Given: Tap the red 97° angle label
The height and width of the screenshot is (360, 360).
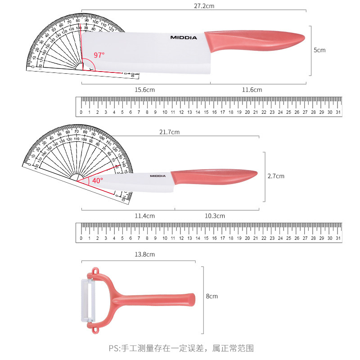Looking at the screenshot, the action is pyautogui.click(x=99, y=55).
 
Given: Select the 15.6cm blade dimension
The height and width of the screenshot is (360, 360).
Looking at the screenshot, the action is pyautogui.click(x=145, y=90).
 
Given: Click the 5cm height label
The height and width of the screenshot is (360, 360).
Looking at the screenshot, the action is pyautogui.click(x=319, y=50).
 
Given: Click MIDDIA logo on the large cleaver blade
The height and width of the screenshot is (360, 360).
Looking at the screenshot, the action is pyautogui.click(x=184, y=38).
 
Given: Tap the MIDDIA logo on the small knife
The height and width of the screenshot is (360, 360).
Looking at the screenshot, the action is pyautogui.click(x=158, y=176).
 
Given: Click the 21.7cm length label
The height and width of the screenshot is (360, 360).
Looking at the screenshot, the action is pyautogui.click(x=169, y=132).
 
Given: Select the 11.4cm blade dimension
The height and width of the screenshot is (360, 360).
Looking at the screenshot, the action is pyautogui.click(x=145, y=216).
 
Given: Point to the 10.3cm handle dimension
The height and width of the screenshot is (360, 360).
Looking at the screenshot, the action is pyautogui.click(x=215, y=216).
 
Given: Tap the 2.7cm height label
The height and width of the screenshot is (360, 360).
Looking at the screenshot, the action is pyautogui.click(x=276, y=176).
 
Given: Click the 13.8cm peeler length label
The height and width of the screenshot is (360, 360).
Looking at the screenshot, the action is pyautogui.click(x=145, y=255).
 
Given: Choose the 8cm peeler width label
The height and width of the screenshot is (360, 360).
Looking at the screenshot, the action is pyautogui.click(x=212, y=296).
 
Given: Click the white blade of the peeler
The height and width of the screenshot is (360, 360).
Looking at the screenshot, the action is pyautogui.click(x=85, y=299).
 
